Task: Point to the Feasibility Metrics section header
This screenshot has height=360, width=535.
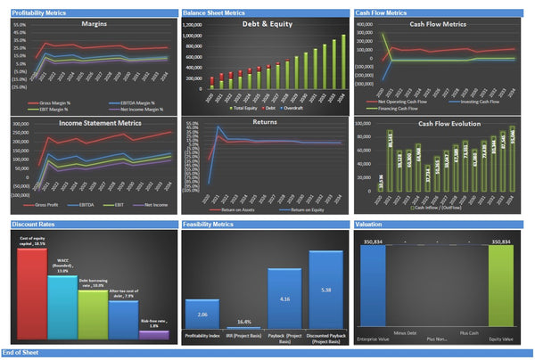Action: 210,225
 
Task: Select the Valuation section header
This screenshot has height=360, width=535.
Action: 372,225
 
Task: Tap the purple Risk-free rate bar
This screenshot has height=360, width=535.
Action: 152,334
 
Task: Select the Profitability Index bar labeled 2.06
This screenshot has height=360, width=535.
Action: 202,318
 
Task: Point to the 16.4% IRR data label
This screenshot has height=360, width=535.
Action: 243,322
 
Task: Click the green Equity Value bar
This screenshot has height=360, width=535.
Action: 501,290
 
